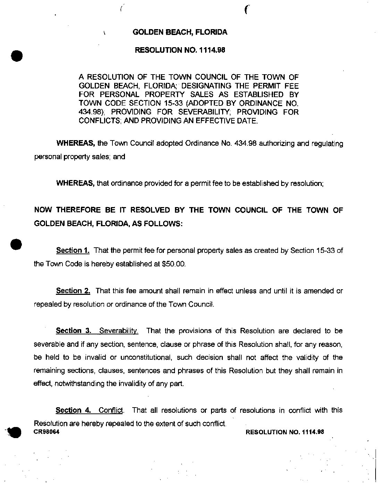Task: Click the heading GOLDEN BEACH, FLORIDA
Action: (x=180, y=32)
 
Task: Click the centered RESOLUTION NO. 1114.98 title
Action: (x=180, y=50)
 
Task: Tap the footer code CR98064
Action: (x=47, y=432)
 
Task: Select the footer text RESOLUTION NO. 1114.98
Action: (x=285, y=432)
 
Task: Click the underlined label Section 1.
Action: (x=73, y=250)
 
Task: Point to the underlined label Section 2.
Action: (x=73, y=291)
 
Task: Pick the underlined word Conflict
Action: (x=111, y=410)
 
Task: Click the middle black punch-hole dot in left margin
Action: (x=16, y=244)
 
